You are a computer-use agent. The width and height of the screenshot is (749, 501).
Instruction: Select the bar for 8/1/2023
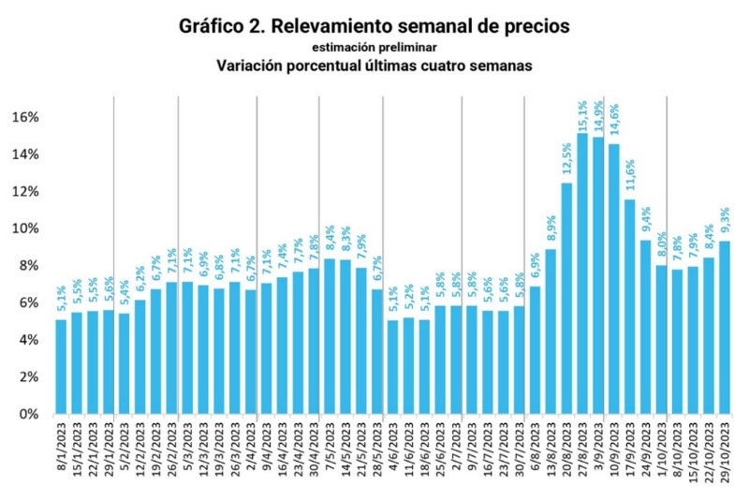point(61,366)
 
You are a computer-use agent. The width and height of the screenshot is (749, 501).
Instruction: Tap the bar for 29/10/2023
point(725,327)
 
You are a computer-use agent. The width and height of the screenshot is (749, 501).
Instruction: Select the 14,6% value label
point(614,125)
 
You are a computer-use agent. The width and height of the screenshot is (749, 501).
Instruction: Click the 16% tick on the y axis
point(25,117)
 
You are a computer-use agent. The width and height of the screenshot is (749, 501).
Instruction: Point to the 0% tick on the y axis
point(29,414)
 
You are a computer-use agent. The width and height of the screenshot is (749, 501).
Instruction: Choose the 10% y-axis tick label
point(25,228)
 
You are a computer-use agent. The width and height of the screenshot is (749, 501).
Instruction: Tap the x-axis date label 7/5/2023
point(330,449)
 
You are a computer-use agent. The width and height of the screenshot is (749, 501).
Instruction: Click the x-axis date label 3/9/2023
point(599,449)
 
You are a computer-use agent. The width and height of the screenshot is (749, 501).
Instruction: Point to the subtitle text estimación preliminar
point(374,46)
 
